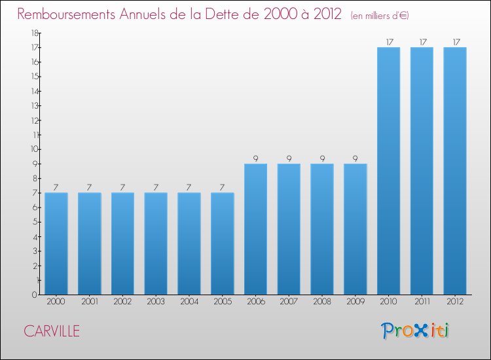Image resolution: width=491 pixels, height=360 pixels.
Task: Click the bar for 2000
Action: coord(56,243)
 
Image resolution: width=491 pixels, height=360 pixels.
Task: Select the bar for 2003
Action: coord(156,243)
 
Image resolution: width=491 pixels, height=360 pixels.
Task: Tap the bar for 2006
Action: coord(255,229)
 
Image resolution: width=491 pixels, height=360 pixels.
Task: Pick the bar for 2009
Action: coord(355,229)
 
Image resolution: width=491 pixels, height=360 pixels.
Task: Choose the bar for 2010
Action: coord(388,171)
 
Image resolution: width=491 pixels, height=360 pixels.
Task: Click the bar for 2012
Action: coord(455,171)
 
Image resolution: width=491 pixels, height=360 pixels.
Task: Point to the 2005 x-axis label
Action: coord(223,302)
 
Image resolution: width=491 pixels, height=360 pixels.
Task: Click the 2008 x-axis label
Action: coord(322,302)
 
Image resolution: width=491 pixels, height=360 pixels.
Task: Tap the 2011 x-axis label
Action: coord(422,302)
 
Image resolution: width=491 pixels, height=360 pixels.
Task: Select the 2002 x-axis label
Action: coord(122,302)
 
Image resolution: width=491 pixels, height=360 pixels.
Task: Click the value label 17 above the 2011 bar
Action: coord(422,42)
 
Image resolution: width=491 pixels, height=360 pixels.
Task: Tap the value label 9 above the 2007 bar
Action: coord(289,158)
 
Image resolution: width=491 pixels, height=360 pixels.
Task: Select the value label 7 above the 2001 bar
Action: coord(90,187)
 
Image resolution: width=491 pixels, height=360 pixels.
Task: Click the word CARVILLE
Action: coord(52,331)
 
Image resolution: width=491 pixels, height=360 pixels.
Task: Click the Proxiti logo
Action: coord(416,331)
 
